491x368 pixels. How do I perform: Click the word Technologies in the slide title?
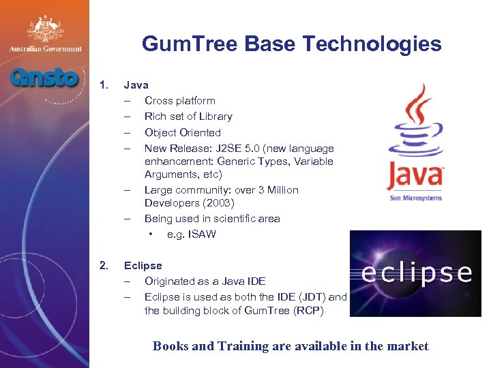point(372,45)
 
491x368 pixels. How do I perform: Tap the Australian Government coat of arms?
point(45,29)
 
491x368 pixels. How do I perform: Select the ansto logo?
point(44,77)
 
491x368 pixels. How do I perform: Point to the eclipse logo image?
point(415,273)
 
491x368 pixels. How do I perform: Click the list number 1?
point(104,85)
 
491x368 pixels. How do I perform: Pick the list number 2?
point(104,265)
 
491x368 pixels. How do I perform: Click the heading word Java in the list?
point(136,85)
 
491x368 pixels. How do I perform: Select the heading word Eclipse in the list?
point(143,265)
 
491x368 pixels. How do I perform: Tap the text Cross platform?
point(179,101)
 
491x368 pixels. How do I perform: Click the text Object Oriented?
point(182,132)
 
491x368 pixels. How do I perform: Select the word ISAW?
point(201,234)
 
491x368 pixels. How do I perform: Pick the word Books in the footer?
point(171,346)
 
